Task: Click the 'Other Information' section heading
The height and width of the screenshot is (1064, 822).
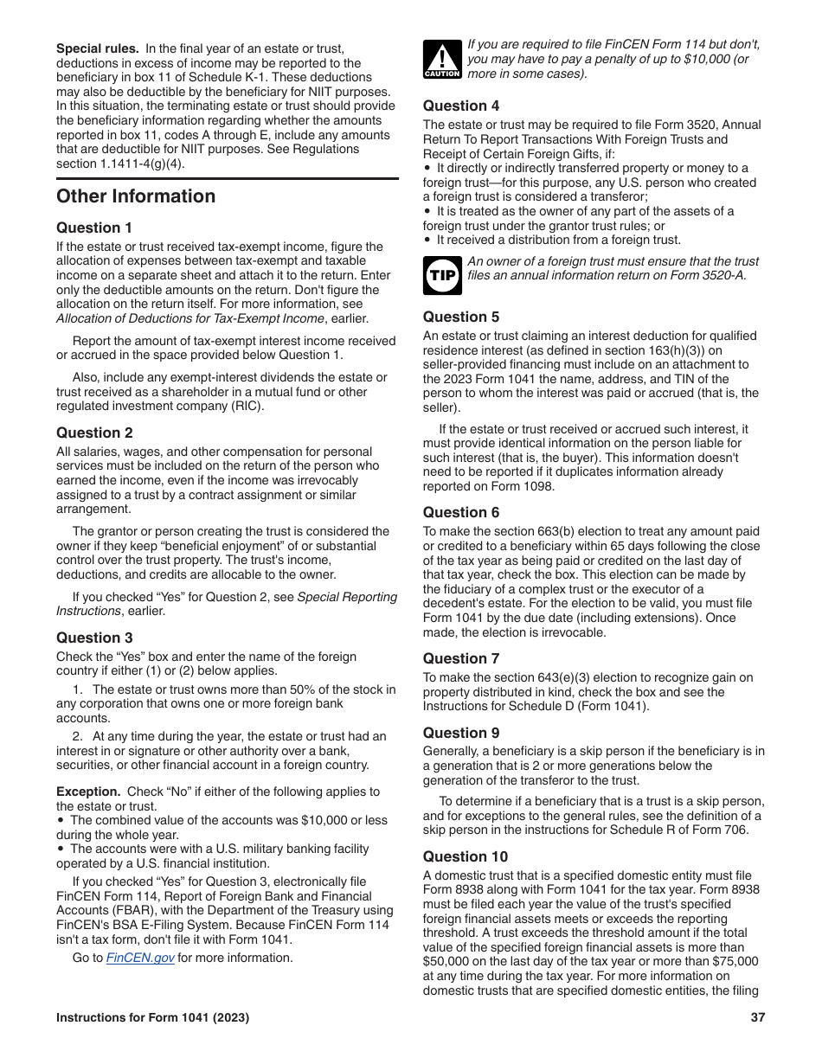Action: pyautogui.click(x=136, y=196)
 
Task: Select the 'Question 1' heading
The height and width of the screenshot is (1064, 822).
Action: pyautogui.click(x=94, y=228)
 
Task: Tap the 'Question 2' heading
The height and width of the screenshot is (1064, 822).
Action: pyautogui.click(x=94, y=433)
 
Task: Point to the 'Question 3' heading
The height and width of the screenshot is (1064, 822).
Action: pyautogui.click(x=94, y=638)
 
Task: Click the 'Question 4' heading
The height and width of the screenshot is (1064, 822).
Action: pyautogui.click(x=461, y=106)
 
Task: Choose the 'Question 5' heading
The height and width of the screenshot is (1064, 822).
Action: pyautogui.click(x=461, y=317)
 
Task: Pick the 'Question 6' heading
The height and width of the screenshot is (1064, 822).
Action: pyautogui.click(x=461, y=512)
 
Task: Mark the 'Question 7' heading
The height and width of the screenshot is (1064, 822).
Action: pyautogui.click(x=461, y=658)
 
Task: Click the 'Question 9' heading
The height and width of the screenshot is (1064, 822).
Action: pyautogui.click(x=461, y=733)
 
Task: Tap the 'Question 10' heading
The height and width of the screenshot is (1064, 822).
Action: pyautogui.click(x=466, y=856)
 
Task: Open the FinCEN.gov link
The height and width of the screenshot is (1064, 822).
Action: pyautogui.click(x=140, y=958)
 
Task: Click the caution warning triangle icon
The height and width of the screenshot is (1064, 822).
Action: pyautogui.click(x=441, y=58)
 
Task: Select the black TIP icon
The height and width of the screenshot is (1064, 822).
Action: pyautogui.click(x=441, y=275)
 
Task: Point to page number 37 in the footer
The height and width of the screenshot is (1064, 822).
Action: pyautogui.click(x=758, y=1018)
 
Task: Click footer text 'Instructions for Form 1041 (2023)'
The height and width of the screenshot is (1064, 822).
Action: pyautogui.click(x=153, y=1018)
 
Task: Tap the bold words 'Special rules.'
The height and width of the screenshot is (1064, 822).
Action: pyautogui.click(x=97, y=48)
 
